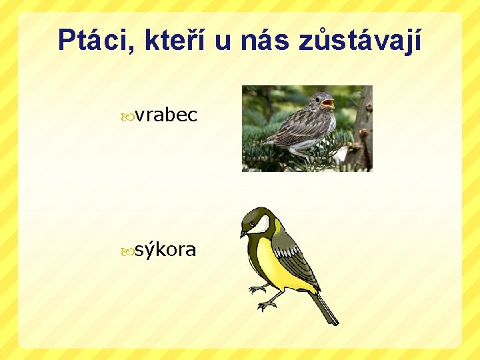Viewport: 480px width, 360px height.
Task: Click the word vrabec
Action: [166, 115]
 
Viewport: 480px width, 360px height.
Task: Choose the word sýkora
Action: [165, 250]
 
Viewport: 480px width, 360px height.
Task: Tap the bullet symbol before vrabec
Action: [127, 117]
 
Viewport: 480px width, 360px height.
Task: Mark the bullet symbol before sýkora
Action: [127, 251]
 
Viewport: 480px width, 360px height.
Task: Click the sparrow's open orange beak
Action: [328, 104]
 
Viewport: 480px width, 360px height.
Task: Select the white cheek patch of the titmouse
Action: [262, 224]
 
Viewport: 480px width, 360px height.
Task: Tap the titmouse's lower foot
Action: [266, 306]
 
